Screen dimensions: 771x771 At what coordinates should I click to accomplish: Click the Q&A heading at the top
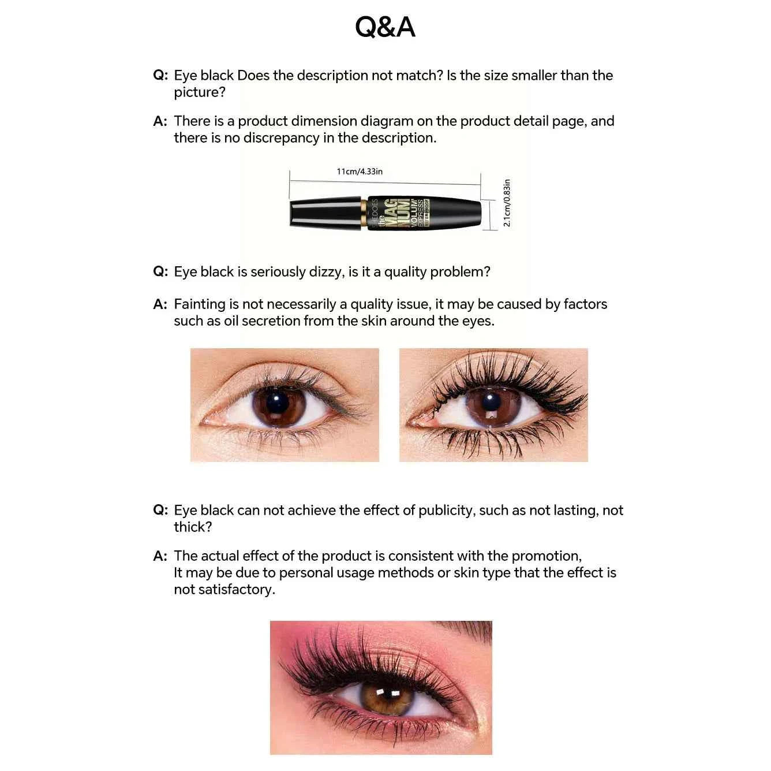click(x=385, y=27)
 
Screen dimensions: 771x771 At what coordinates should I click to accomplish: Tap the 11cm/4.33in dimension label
click(x=360, y=172)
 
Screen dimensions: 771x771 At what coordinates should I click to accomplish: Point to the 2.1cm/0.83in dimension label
click(x=507, y=203)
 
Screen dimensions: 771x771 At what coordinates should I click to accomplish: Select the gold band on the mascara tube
click(x=365, y=213)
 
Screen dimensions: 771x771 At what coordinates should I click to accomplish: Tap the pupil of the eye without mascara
click(x=277, y=402)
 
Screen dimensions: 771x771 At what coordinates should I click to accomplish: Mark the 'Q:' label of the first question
click(x=160, y=75)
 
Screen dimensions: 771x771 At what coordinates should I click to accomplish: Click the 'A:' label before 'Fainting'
click(x=160, y=304)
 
